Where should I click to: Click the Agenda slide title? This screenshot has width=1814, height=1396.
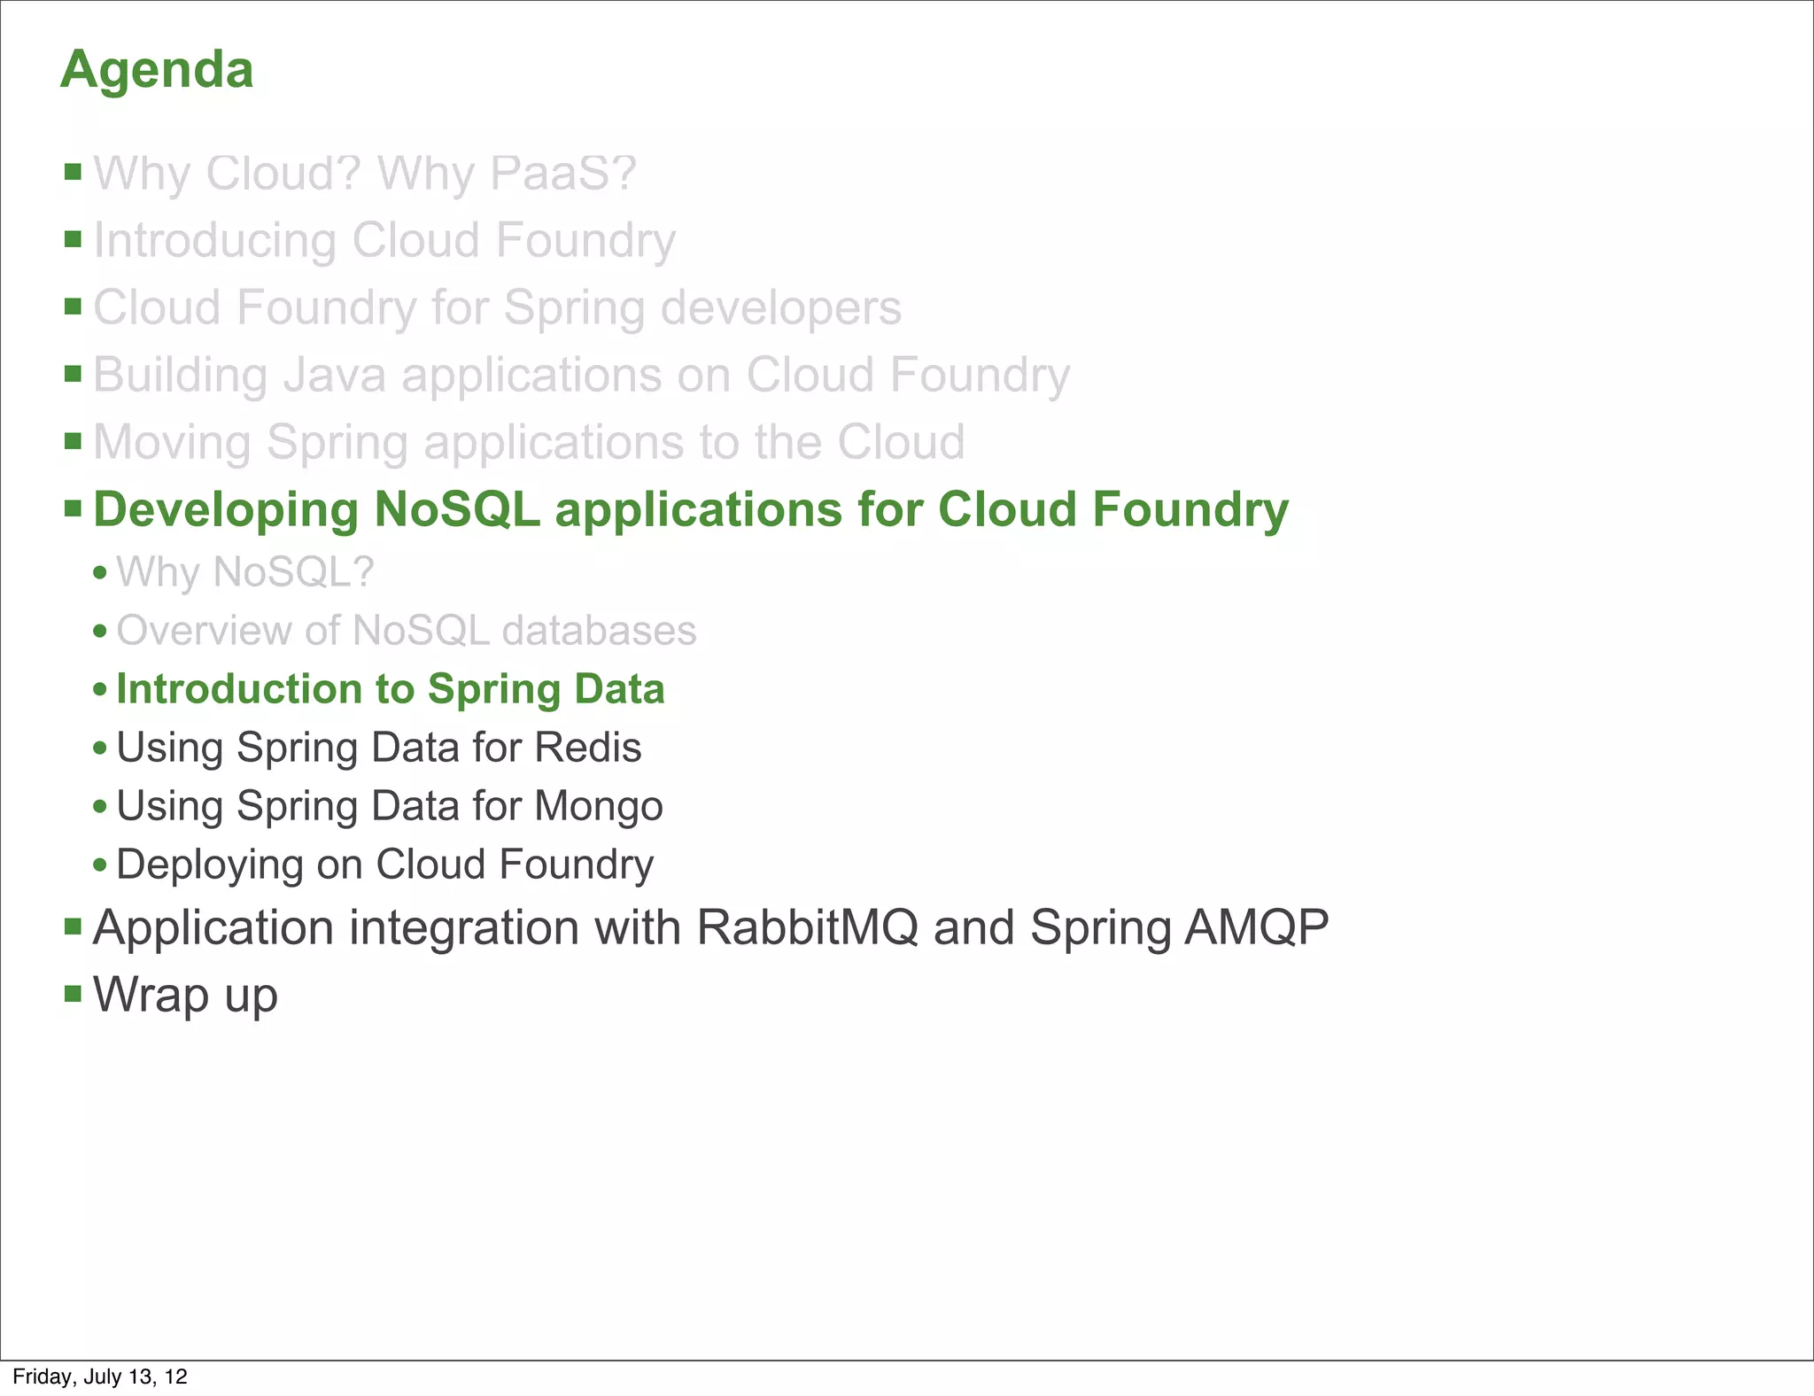coord(157,70)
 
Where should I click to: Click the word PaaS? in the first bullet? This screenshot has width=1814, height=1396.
coord(562,174)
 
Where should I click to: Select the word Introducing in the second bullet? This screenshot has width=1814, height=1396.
coord(214,241)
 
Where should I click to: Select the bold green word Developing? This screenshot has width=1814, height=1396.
coord(225,510)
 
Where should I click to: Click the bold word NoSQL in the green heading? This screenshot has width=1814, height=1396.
coord(456,509)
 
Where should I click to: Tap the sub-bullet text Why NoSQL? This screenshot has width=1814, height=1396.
coord(245,572)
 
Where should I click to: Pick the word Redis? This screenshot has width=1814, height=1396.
coord(588,748)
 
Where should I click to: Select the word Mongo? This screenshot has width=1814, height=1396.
coord(599,806)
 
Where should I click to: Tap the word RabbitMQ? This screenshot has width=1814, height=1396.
coord(807,927)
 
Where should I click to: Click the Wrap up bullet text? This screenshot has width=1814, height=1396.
coord(185,995)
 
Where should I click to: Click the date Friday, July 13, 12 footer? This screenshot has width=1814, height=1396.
coord(100,1377)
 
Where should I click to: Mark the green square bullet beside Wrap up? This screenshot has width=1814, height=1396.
coord(74,994)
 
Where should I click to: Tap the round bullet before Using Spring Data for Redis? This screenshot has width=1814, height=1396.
coord(100,748)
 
